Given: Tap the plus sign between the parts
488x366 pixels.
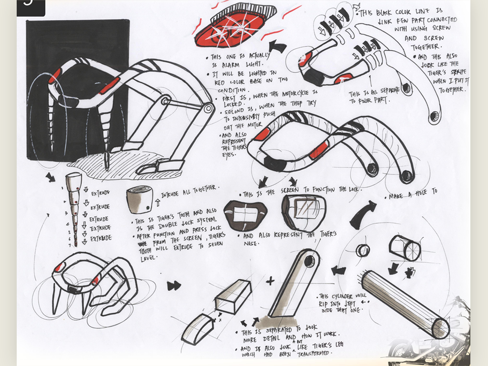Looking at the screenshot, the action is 270,281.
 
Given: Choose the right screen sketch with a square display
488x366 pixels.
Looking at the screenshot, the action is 303,213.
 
